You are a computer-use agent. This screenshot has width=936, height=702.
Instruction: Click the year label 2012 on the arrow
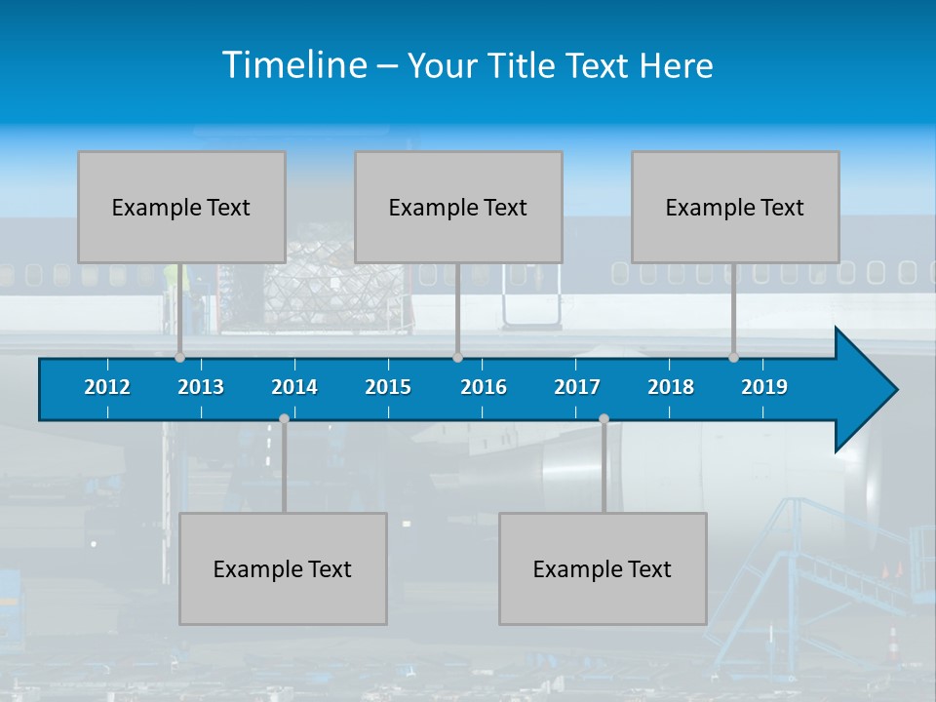(107, 387)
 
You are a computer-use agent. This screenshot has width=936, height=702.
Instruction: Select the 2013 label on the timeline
(201, 387)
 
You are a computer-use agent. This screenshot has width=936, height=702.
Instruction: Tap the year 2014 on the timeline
(294, 387)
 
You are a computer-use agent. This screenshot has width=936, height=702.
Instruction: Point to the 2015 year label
(388, 387)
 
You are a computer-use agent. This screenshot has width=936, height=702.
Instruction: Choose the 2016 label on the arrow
(484, 387)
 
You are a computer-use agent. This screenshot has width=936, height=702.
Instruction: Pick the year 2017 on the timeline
(577, 387)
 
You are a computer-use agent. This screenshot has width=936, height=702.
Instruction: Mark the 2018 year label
(671, 387)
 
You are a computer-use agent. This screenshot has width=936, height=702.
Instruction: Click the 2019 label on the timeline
(764, 387)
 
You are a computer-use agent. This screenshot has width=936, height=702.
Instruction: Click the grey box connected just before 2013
(181, 207)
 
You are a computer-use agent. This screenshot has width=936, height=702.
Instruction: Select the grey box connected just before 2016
(458, 207)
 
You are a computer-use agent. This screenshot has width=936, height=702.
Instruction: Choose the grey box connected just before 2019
(735, 207)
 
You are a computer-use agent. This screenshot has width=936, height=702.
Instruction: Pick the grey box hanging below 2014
(283, 568)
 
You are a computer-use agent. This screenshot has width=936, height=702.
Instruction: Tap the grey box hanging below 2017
(603, 568)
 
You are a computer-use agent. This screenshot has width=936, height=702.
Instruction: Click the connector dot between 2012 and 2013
(179, 358)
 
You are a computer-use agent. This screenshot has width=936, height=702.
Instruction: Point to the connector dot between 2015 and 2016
(457, 358)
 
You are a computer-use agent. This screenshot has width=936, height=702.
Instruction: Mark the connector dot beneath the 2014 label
(284, 418)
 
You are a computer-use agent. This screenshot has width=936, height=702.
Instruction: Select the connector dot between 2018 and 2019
(733, 358)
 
